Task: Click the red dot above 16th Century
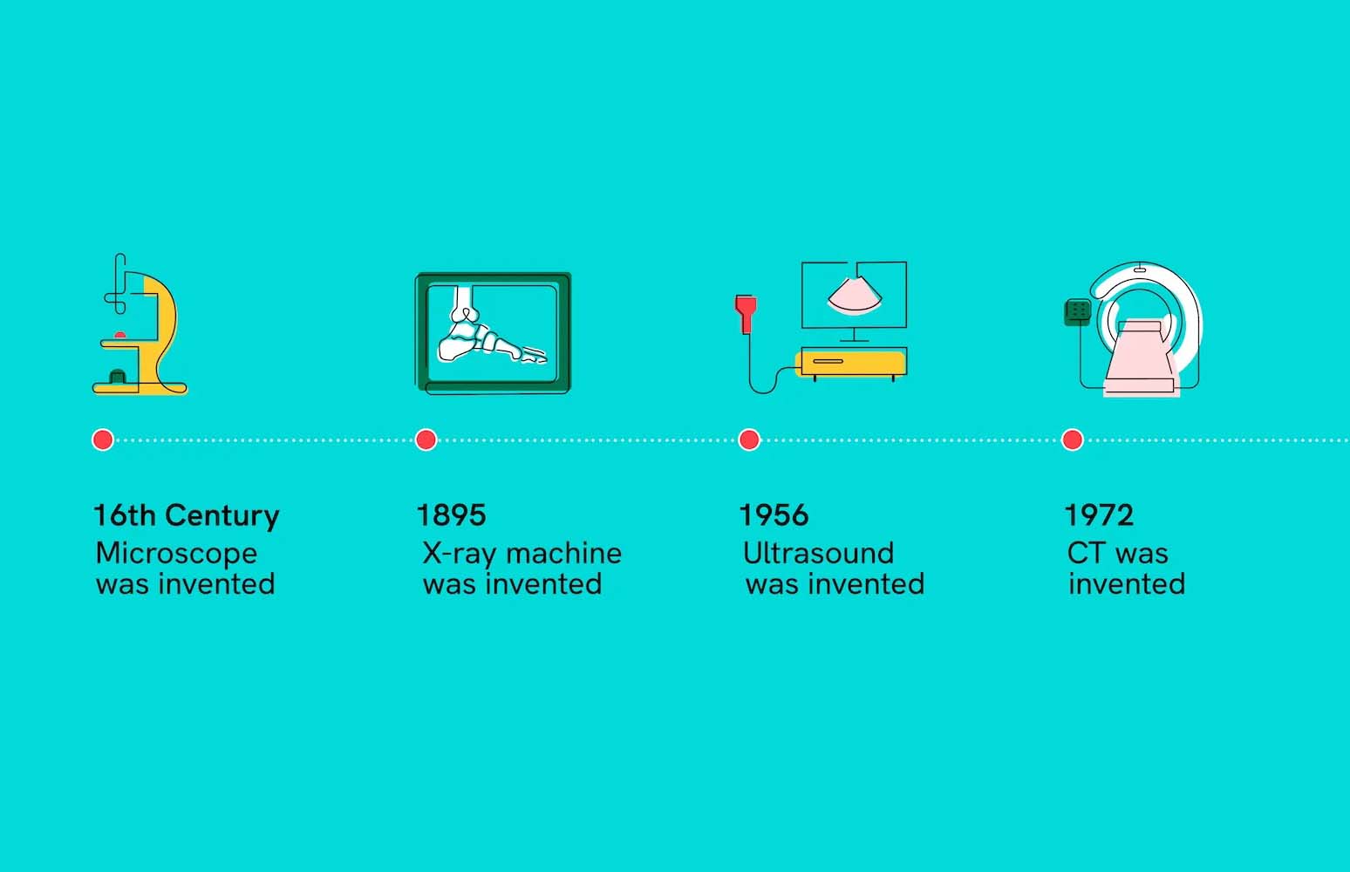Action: pyautogui.click(x=103, y=439)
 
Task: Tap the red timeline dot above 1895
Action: pyautogui.click(x=426, y=439)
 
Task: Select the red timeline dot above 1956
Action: pyautogui.click(x=748, y=439)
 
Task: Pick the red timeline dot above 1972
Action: pyautogui.click(x=1072, y=439)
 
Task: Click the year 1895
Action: pyautogui.click(x=451, y=515)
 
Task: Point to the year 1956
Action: pyautogui.click(x=774, y=515)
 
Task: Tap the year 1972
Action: pyautogui.click(x=1099, y=515)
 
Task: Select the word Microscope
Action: pyautogui.click(x=176, y=554)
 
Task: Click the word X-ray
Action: pyautogui.click(x=460, y=554)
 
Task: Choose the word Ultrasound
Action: pyautogui.click(x=818, y=554)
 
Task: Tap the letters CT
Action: pyautogui.click(x=1086, y=554)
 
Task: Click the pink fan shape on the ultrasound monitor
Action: pyautogui.click(x=855, y=295)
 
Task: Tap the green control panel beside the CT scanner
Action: pyautogui.click(x=1078, y=311)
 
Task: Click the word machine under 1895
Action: pyautogui.click(x=563, y=554)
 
